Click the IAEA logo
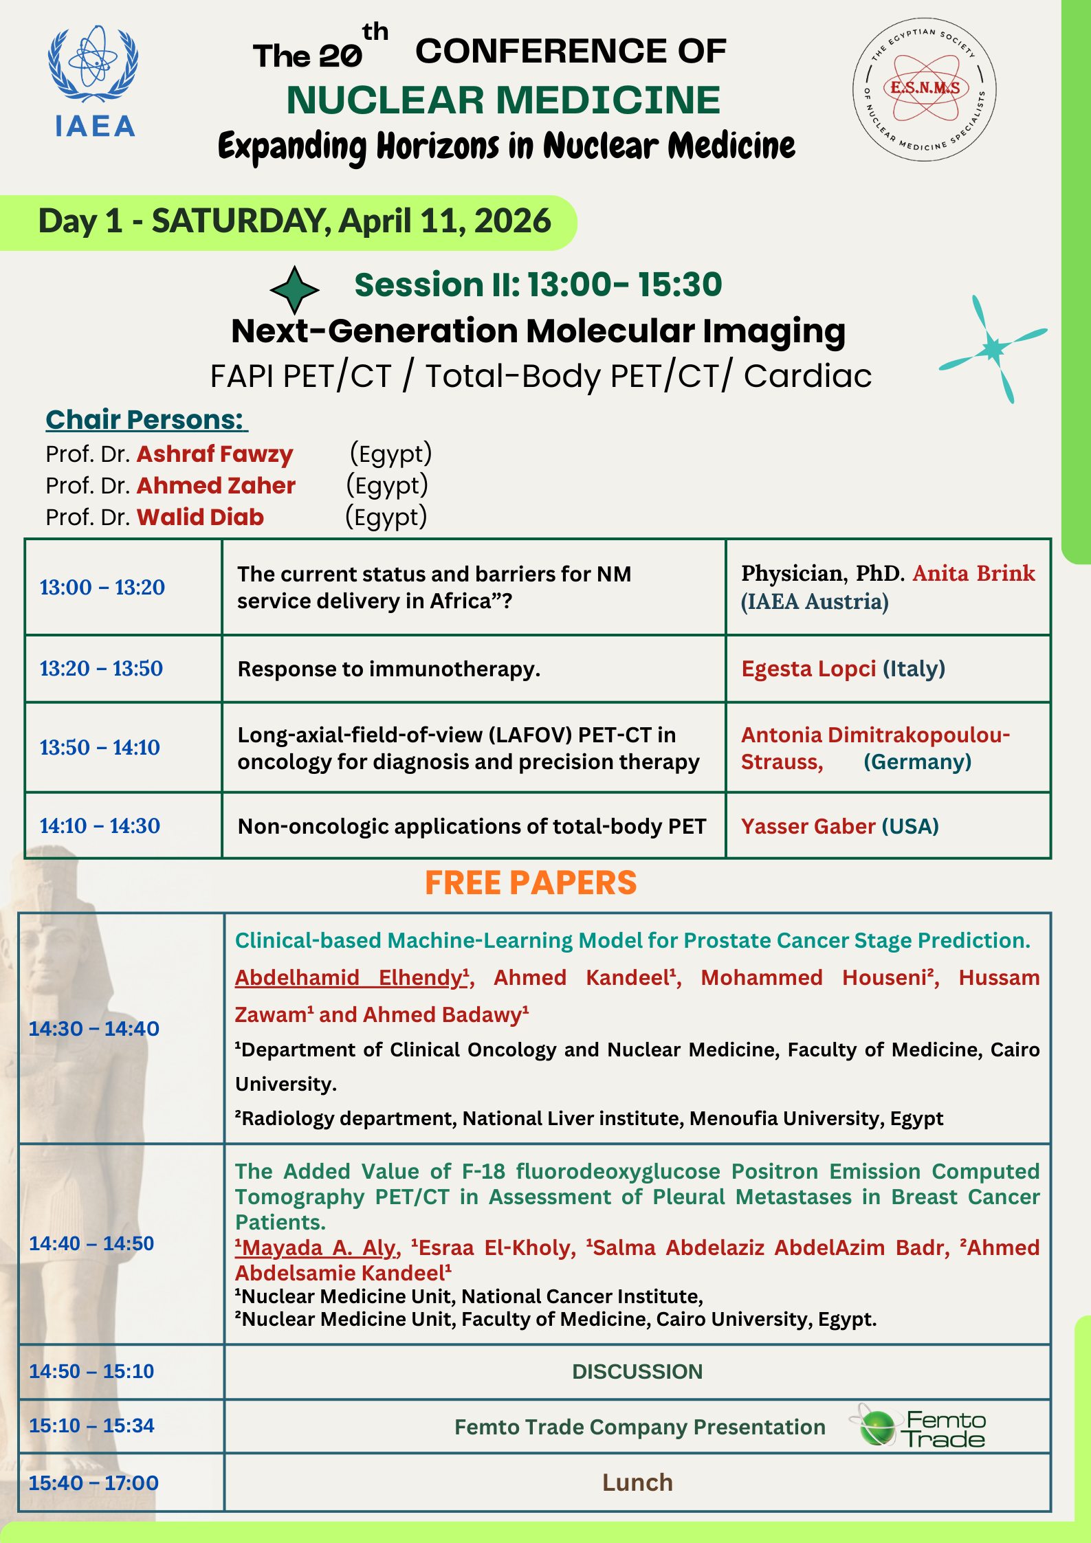click(x=93, y=82)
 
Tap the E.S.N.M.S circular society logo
click(x=924, y=89)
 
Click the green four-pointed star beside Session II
click(x=294, y=290)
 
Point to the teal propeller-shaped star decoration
click(x=993, y=348)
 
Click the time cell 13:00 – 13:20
click(x=102, y=588)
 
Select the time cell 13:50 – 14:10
click(x=100, y=747)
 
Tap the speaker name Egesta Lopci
click(x=808, y=669)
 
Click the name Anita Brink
click(x=973, y=573)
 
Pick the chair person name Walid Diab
click(x=200, y=517)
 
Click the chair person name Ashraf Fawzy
click(x=214, y=454)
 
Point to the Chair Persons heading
click(x=146, y=419)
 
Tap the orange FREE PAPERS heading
click(x=531, y=882)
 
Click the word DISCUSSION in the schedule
click(x=637, y=1371)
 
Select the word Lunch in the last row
click(x=637, y=1483)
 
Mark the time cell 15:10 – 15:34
click(x=91, y=1425)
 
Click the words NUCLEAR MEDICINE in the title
click(x=503, y=100)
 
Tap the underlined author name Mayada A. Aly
click(x=318, y=1247)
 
